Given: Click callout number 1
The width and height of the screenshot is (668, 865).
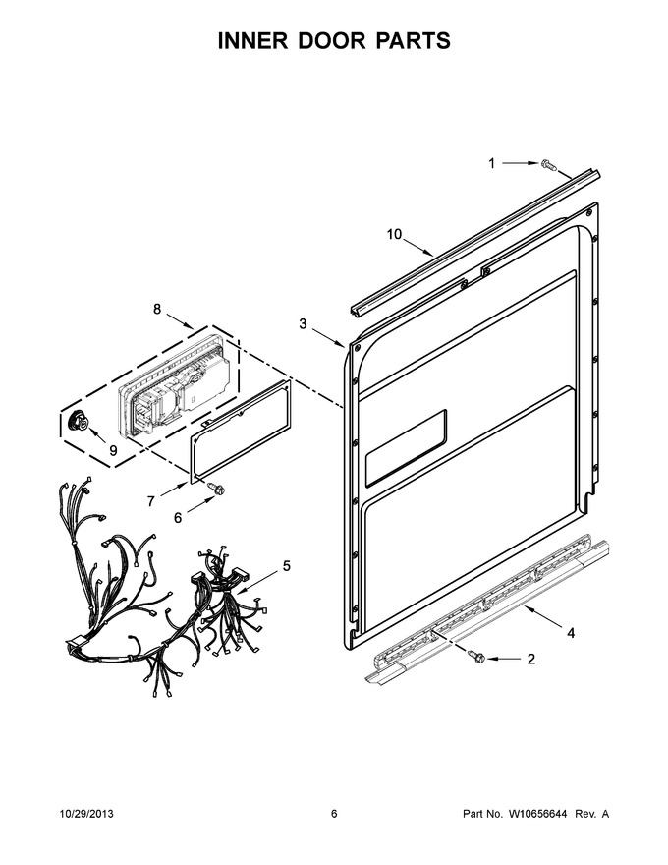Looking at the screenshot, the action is pyautogui.click(x=491, y=163).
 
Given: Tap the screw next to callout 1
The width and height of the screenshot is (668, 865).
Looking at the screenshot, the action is pyautogui.click(x=549, y=164).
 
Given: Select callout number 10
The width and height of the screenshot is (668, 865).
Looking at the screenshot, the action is pyautogui.click(x=394, y=235).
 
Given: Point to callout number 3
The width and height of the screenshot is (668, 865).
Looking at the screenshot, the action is pyautogui.click(x=303, y=323).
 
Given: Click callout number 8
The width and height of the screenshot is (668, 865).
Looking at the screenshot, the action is pyautogui.click(x=157, y=309).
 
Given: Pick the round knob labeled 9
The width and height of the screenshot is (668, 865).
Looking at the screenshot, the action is pyautogui.click(x=77, y=422).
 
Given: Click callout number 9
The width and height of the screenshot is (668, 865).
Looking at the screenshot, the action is pyautogui.click(x=113, y=451).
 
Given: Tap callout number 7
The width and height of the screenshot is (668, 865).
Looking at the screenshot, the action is pyautogui.click(x=151, y=501).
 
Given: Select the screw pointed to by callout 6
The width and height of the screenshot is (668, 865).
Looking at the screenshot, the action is pyautogui.click(x=215, y=489).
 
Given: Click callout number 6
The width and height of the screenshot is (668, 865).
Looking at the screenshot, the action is pyautogui.click(x=178, y=518).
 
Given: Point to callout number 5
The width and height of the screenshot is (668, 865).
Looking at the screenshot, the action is pyautogui.click(x=287, y=566).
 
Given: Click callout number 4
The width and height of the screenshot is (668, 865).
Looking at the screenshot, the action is pyautogui.click(x=571, y=633).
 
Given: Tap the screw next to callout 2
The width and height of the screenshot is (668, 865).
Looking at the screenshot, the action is pyautogui.click(x=475, y=657).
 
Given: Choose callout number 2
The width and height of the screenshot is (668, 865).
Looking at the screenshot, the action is pyautogui.click(x=531, y=659).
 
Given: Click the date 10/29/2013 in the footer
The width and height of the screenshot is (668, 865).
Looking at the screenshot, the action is pyautogui.click(x=86, y=814).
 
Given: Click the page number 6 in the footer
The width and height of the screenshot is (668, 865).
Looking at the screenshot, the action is pyautogui.click(x=334, y=814).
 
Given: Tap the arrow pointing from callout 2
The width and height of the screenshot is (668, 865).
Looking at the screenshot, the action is pyautogui.click(x=503, y=659).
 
